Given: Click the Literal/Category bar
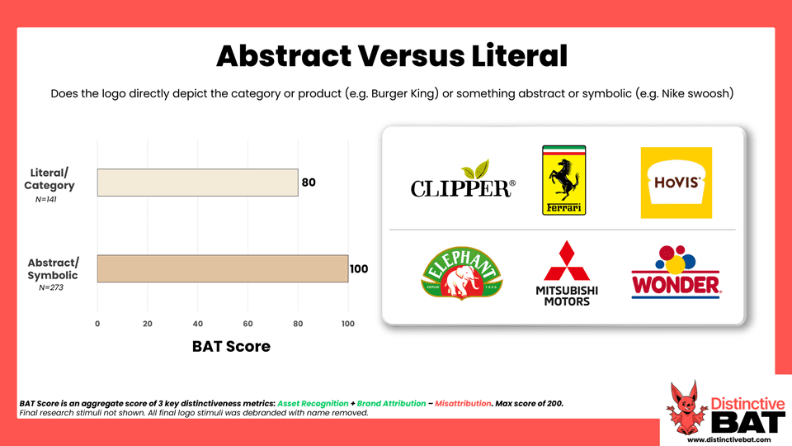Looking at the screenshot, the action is click(197, 183).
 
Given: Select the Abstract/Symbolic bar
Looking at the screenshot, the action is click(223, 268).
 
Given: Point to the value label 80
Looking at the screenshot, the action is click(309, 183).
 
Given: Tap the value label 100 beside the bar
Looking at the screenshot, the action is click(359, 269).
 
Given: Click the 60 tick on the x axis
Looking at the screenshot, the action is click(247, 324).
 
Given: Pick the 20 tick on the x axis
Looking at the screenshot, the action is click(148, 324).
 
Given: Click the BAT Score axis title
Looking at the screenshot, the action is click(231, 346).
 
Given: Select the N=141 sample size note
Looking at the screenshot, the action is click(46, 200).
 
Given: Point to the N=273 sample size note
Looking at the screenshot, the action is click(51, 287).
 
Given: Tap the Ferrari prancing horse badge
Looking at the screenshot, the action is click(563, 181).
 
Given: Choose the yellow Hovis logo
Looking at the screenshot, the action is click(676, 183).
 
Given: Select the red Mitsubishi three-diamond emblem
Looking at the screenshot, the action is click(567, 261).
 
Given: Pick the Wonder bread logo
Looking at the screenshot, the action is click(676, 272).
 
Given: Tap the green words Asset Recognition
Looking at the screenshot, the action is click(313, 404).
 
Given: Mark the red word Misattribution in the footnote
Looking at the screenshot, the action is click(463, 404).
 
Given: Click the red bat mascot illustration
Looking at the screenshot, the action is click(686, 408).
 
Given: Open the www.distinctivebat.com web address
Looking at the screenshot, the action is click(729, 439).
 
